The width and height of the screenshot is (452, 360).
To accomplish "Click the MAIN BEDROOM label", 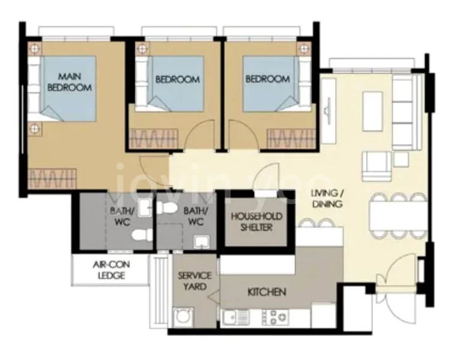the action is (70, 82).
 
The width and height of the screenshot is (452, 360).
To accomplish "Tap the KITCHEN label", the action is (267, 292).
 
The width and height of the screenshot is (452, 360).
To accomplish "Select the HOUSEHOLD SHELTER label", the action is (256, 222).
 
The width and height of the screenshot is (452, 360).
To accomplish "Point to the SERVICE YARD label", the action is (195, 281).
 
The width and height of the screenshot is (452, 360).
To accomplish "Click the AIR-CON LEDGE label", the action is (112, 270).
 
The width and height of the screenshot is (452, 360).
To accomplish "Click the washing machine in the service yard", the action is (183, 317).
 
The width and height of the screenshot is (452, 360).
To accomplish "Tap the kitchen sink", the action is (236, 317).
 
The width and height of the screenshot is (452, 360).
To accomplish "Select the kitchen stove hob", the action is (275, 317).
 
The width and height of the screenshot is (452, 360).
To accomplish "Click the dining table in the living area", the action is (398, 216).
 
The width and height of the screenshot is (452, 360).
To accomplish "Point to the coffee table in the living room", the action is (373, 112).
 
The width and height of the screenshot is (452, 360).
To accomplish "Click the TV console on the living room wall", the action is (329, 111).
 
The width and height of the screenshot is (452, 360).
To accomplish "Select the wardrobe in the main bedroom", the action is (52, 178).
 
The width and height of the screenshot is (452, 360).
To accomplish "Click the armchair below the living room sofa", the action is (376, 166).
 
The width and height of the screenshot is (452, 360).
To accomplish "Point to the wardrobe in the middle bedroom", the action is (153, 139).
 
